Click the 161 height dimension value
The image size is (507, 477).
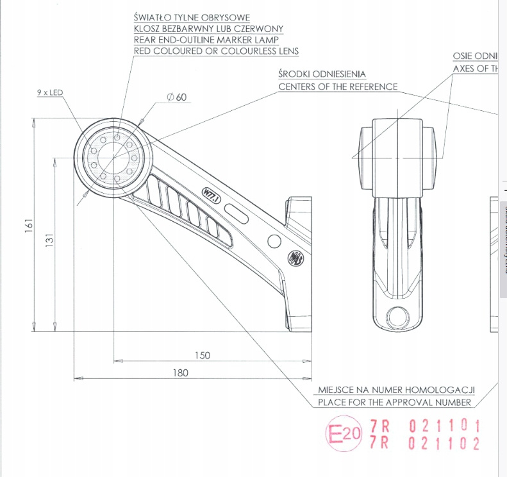29,225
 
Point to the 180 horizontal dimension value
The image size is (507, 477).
180,373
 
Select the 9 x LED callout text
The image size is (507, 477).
49,94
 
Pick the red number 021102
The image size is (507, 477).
445,444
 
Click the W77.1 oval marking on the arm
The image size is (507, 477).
211,194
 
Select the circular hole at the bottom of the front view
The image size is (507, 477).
398,315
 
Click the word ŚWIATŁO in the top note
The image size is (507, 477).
154,17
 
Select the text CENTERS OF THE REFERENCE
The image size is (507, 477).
338,87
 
